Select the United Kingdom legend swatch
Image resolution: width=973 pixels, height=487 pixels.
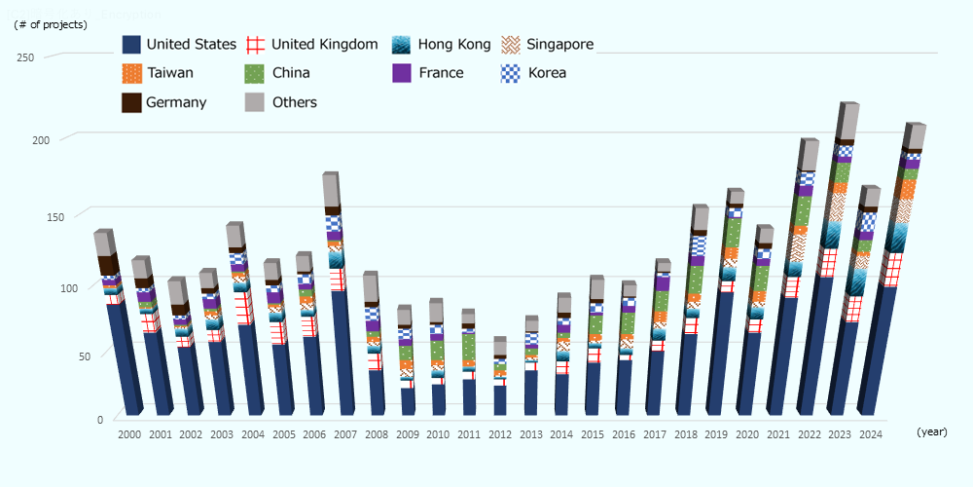click(255, 44)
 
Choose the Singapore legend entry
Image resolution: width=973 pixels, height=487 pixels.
click(559, 44)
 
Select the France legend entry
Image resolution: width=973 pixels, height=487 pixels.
click(441, 73)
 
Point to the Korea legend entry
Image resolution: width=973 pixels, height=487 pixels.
click(546, 73)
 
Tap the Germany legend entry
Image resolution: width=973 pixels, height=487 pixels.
click(176, 102)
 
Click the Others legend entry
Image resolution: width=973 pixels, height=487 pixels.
click(294, 102)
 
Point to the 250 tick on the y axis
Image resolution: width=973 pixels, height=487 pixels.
click(25, 57)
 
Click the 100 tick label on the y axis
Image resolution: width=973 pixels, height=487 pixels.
click(25, 287)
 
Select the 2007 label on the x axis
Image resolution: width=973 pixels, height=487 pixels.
click(346, 434)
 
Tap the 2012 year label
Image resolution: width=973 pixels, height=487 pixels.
click(500, 434)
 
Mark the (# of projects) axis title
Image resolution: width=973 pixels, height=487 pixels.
click(51, 24)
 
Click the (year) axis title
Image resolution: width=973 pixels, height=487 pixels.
click(931, 431)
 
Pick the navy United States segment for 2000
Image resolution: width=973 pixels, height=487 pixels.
click(122, 356)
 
